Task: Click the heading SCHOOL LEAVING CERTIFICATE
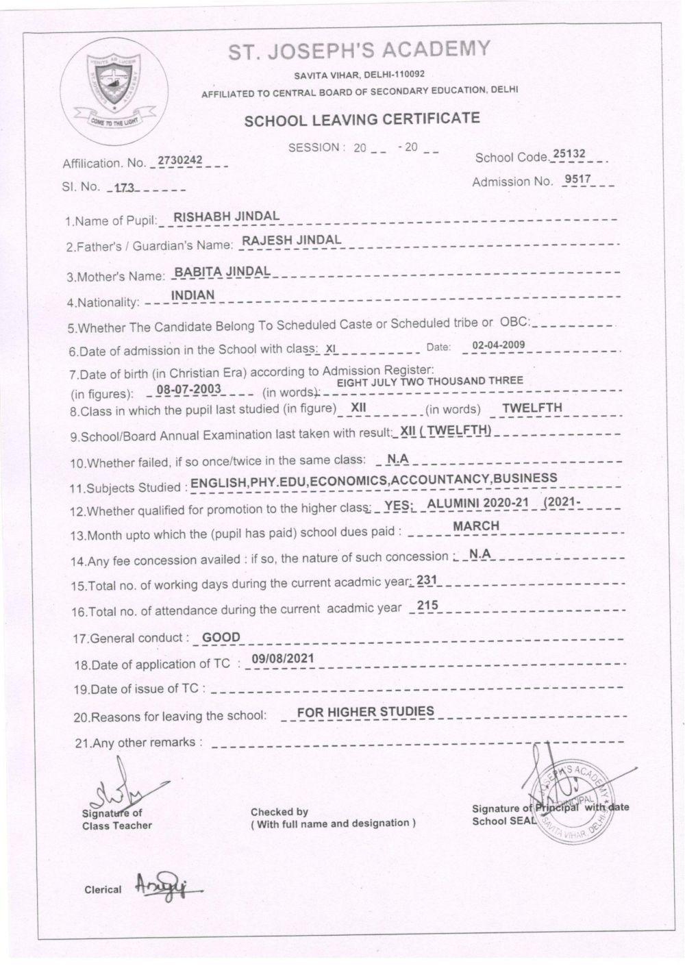coord(362,119)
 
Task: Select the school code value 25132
coord(569,154)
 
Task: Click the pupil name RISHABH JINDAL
coord(227,216)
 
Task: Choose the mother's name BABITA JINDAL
coord(222,271)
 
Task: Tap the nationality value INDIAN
coord(192,295)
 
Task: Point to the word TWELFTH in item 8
coord(532,408)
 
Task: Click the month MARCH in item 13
coord(476,525)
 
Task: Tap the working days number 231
coord(426,580)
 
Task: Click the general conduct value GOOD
coord(221,637)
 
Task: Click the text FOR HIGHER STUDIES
coord(366,711)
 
